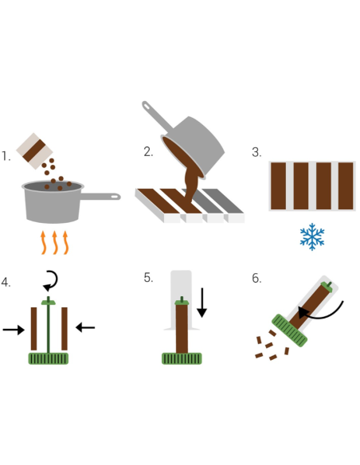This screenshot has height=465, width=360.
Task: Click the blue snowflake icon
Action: (312, 237)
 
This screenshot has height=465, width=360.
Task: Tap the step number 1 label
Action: (6, 156)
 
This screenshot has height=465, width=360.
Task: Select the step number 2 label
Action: (148, 152)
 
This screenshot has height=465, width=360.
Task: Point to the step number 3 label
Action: (256, 152)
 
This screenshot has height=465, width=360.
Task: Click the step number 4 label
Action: (6, 282)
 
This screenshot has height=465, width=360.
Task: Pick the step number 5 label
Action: (148, 278)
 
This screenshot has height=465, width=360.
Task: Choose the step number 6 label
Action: (256, 278)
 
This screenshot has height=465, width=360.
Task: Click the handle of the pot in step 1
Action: (100, 197)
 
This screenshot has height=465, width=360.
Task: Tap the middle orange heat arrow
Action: (55, 243)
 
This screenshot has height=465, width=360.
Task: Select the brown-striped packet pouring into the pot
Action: (34, 151)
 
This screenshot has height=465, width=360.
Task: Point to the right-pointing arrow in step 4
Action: (14, 330)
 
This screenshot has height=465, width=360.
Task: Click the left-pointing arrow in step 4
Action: (85, 327)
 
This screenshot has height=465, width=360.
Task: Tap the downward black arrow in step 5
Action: (202, 303)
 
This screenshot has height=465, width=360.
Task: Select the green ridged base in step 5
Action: (182, 358)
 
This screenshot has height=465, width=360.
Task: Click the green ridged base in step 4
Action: (49, 358)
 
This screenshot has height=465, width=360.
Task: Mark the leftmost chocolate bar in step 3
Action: (279, 186)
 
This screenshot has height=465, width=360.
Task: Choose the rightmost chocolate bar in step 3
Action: (346, 186)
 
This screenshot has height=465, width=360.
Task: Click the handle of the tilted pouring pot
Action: (157, 116)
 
